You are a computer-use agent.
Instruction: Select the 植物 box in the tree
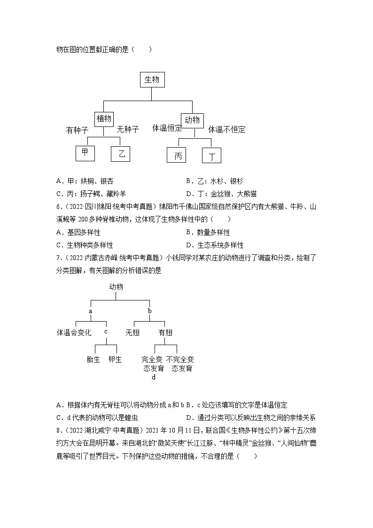click(104, 119)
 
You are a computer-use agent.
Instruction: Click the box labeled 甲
click(85, 153)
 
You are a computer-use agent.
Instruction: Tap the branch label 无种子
click(128, 129)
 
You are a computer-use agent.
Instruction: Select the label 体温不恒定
click(227, 129)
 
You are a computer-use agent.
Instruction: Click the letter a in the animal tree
click(90, 311)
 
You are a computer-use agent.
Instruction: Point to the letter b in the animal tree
click(150, 311)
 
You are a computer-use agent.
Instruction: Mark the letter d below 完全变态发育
click(153, 377)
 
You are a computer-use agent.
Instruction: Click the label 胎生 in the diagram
click(94, 359)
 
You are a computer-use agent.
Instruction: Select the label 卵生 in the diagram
click(115, 359)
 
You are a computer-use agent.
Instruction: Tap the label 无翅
click(132, 332)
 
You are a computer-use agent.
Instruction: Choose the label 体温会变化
click(74, 332)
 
